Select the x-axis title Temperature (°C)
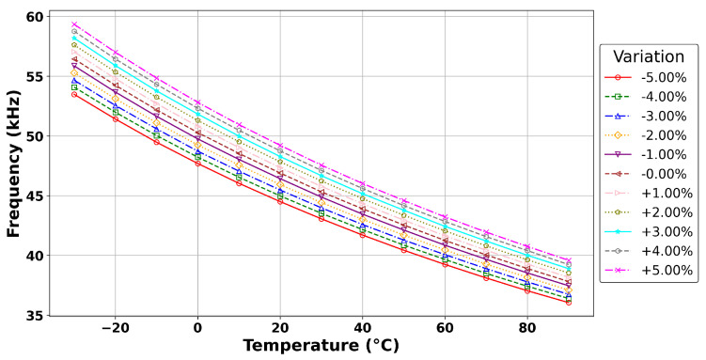321,345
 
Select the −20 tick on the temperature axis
115,328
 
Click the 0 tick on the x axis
197,328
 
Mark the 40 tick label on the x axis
362,328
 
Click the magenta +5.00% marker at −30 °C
74,24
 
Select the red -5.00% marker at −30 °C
74,94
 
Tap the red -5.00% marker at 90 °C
569,302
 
